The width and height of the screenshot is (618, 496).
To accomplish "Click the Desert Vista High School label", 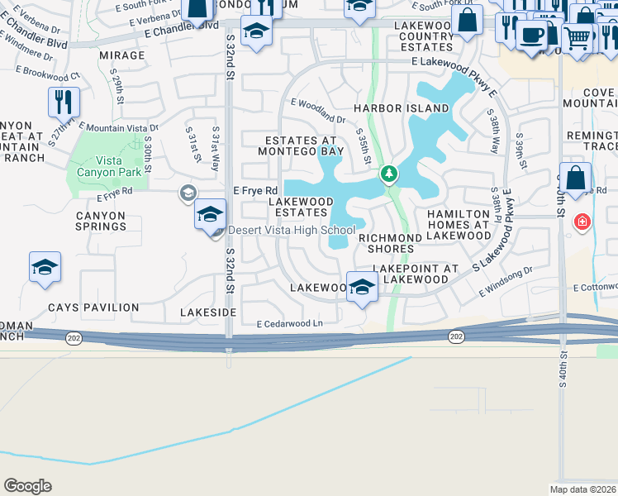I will click(x=292, y=230).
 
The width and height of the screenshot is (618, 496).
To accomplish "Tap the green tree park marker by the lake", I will click(x=388, y=174).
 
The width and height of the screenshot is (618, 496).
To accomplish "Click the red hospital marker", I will click(x=582, y=222).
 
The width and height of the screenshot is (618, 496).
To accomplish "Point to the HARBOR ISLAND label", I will click(x=402, y=108).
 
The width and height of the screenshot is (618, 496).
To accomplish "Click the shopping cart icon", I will click(x=577, y=36).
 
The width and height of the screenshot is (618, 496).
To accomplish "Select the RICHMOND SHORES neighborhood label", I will click(x=385, y=243).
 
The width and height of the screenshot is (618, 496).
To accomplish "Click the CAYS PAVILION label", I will click(x=93, y=308).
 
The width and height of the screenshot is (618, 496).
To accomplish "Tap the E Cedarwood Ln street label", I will click(x=289, y=324).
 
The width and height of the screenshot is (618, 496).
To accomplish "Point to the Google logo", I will click(x=27, y=486).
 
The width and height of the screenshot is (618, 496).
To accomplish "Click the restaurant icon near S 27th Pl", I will click(x=64, y=103).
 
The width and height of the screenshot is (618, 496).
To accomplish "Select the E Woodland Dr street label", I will click(x=317, y=109).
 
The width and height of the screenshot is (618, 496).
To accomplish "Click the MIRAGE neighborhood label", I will click(x=121, y=55).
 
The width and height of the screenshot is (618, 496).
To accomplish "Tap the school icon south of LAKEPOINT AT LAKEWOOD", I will click(x=362, y=287).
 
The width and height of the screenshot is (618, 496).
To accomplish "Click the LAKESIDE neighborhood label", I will click(x=208, y=313).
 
